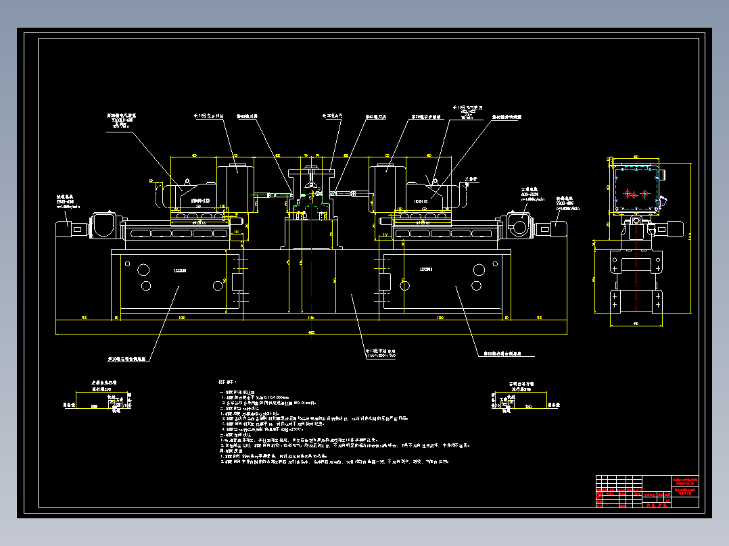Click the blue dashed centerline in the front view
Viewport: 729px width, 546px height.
311,270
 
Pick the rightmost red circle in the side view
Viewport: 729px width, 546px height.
644,194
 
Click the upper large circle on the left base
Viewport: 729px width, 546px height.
144,270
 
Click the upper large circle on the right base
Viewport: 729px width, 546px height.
479,270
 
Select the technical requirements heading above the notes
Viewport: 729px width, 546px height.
226,382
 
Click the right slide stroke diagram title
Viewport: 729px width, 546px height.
519,383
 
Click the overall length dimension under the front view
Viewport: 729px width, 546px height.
311,332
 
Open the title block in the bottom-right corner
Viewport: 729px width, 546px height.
648,491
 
